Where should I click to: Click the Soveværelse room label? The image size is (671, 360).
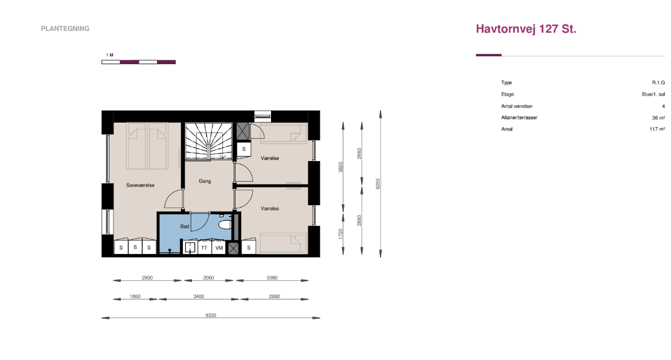(x=140, y=185)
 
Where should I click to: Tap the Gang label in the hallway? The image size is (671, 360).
(x=205, y=181)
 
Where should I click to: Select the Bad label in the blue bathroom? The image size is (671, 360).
(x=185, y=226)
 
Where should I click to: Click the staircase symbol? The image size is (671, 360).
(x=209, y=141)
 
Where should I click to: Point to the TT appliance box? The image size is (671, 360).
(x=204, y=248)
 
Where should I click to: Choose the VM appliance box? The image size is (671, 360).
(x=219, y=248)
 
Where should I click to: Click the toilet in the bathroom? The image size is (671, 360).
(x=225, y=225)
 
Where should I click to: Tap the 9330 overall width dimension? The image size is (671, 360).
(x=210, y=315)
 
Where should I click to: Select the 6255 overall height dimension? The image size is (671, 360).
(x=378, y=184)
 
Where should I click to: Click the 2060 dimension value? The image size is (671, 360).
(x=209, y=278)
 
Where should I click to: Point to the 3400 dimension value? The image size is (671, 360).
(x=199, y=296)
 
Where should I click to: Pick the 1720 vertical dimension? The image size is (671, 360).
(x=340, y=234)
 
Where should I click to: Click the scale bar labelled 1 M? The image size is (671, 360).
(x=139, y=62)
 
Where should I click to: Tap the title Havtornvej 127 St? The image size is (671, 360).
(x=526, y=29)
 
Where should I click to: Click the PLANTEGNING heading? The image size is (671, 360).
(x=65, y=29)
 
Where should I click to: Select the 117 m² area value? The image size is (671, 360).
(x=657, y=129)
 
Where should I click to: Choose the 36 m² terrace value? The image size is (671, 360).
(x=658, y=118)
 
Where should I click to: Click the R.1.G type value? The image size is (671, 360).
(x=658, y=83)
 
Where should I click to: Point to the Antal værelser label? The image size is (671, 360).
(x=516, y=106)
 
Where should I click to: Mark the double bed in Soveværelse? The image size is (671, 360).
(x=147, y=146)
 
